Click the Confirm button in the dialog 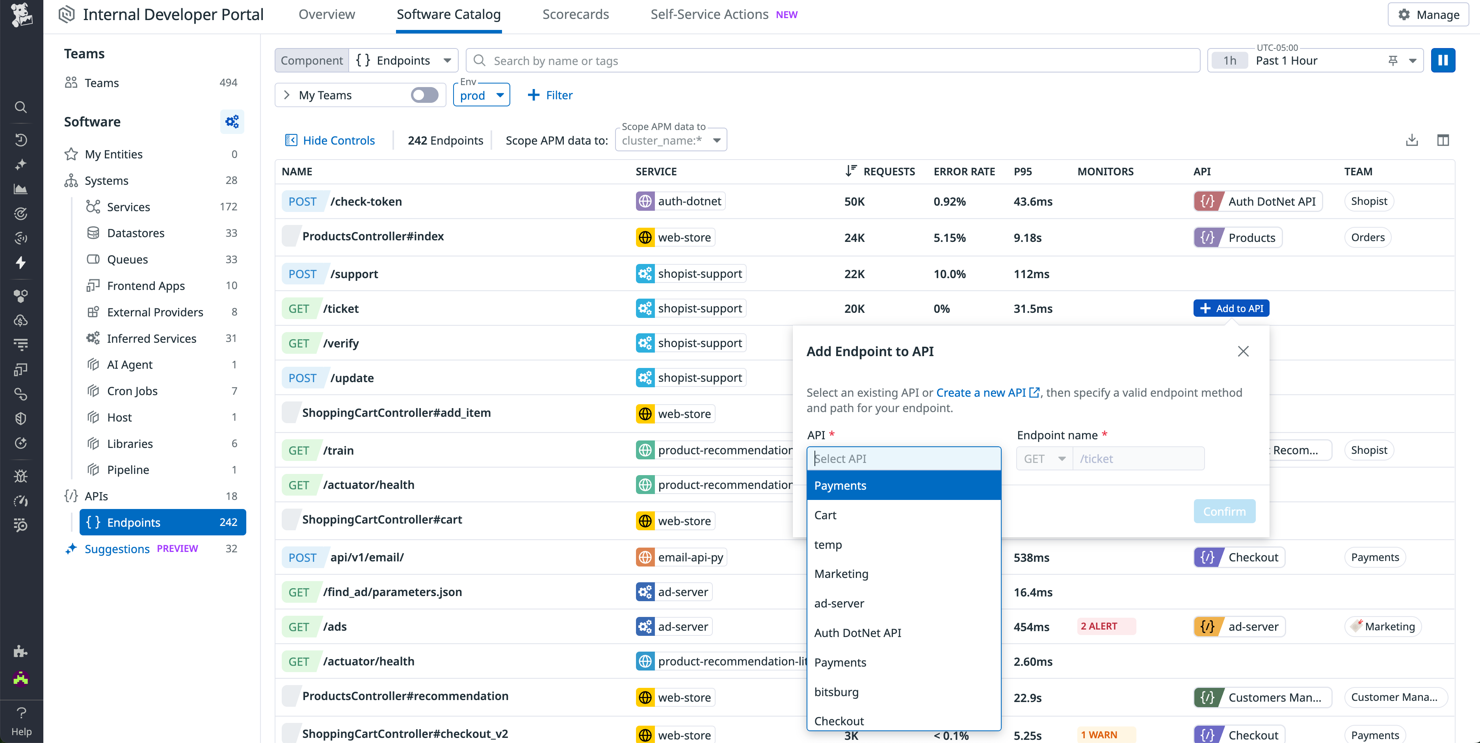click(1224, 511)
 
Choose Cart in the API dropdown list click(825, 515)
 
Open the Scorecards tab click(575, 14)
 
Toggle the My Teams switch click(425, 95)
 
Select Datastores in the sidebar click(136, 233)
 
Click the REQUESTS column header click(888, 171)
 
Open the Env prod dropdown click(482, 95)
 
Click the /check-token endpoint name click(366, 202)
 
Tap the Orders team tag click(1367, 237)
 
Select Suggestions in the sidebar click(117, 549)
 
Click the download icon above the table click(1411, 140)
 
